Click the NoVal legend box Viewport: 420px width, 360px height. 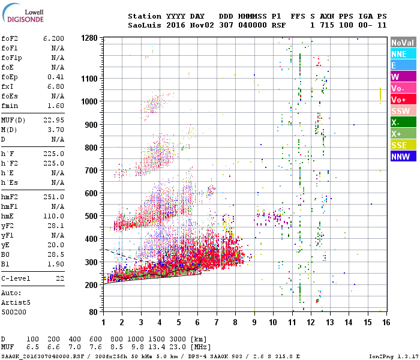(403, 43)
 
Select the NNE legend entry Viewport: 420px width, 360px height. (403, 54)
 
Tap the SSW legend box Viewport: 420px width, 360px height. (403, 111)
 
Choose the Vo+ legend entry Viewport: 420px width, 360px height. (403, 100)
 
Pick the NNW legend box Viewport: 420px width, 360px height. (403, 157)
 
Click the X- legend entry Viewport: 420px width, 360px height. (403, 122)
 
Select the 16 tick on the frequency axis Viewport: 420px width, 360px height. (386, 323)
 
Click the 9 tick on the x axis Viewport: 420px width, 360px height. (254, 323)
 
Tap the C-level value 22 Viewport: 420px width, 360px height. (59, 279)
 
